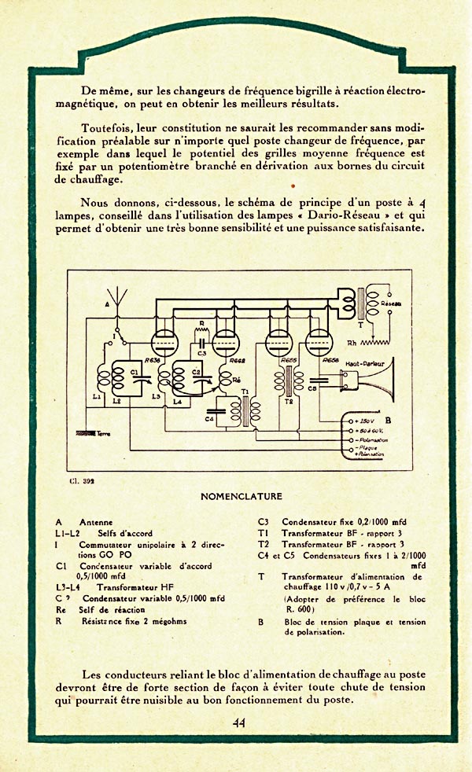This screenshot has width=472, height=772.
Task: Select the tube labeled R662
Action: coord(225,343)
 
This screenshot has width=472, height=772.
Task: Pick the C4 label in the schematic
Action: coord(210,418)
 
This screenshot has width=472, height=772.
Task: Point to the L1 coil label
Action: coord(96,397)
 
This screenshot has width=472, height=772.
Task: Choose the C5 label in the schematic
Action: coord(312,388)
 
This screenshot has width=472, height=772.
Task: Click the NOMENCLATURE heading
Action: coord(241,497)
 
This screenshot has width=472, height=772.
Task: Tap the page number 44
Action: coord(239,723)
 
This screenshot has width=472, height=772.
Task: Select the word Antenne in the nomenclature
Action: coord(96,521)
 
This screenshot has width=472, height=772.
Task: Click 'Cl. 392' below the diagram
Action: coord(83,479)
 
